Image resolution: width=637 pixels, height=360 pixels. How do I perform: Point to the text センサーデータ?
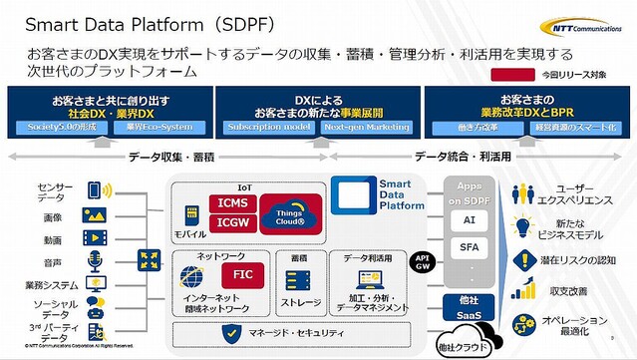(27, 192)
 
